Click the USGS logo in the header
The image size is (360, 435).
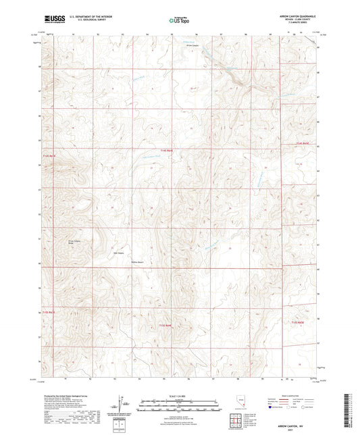[53, 20]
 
